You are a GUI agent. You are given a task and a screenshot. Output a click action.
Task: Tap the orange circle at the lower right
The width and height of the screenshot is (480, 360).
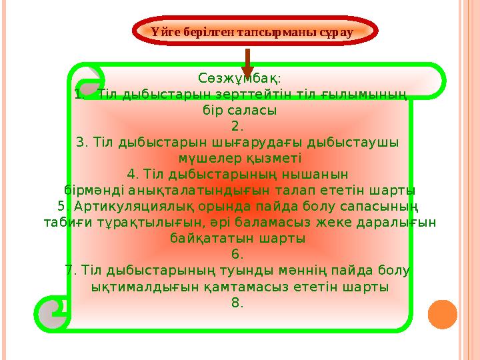(442, 314)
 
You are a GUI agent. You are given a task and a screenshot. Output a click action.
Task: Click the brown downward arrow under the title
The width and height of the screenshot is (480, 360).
(247, 61)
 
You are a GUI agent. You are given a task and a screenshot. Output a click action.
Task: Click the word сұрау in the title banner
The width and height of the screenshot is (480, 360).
(336, 31)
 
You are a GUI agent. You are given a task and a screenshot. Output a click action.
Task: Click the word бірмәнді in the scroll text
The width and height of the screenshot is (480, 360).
(93, 190)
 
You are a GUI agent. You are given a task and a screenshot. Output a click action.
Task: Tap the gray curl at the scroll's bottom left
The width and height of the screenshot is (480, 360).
(53, 313)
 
